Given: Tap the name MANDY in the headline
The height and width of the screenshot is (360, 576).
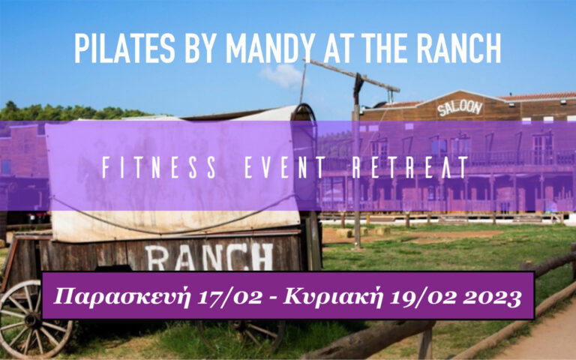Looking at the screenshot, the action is pos(270,48).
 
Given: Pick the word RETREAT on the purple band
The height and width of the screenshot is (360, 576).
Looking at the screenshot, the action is pos(410,167).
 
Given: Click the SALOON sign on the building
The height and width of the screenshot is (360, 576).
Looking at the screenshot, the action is pos(460,108).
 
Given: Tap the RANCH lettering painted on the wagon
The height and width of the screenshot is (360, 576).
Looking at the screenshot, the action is pos(209,256).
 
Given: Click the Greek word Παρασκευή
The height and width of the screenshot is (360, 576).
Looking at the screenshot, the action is pos(121,297).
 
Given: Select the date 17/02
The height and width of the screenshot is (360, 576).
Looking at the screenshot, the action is pos(230,297).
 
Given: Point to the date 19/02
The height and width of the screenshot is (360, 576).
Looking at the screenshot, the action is pos(423,297).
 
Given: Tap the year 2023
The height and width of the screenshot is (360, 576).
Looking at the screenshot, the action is pos(492,297).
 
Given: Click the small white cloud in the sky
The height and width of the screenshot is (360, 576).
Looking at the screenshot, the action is pos(282,75).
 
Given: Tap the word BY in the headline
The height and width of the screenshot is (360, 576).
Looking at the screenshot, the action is pos(200,48).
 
